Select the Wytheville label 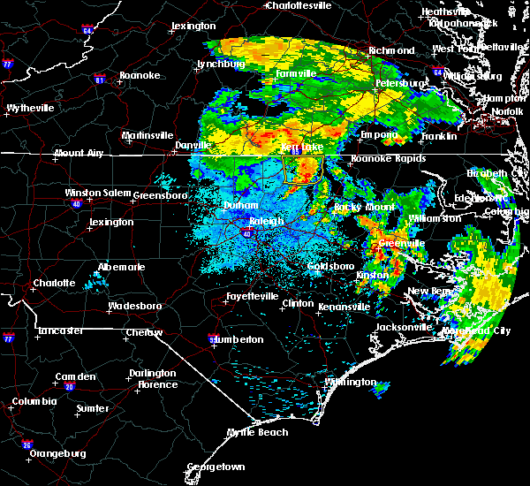click(30, 108)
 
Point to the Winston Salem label click(95, 194)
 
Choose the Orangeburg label click(57, 453)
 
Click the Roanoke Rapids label click(388, 159)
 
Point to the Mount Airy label click(80, 153)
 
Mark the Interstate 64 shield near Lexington click(87, 31)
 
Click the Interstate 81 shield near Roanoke click(100, 80)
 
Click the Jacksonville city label click(402, 327)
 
